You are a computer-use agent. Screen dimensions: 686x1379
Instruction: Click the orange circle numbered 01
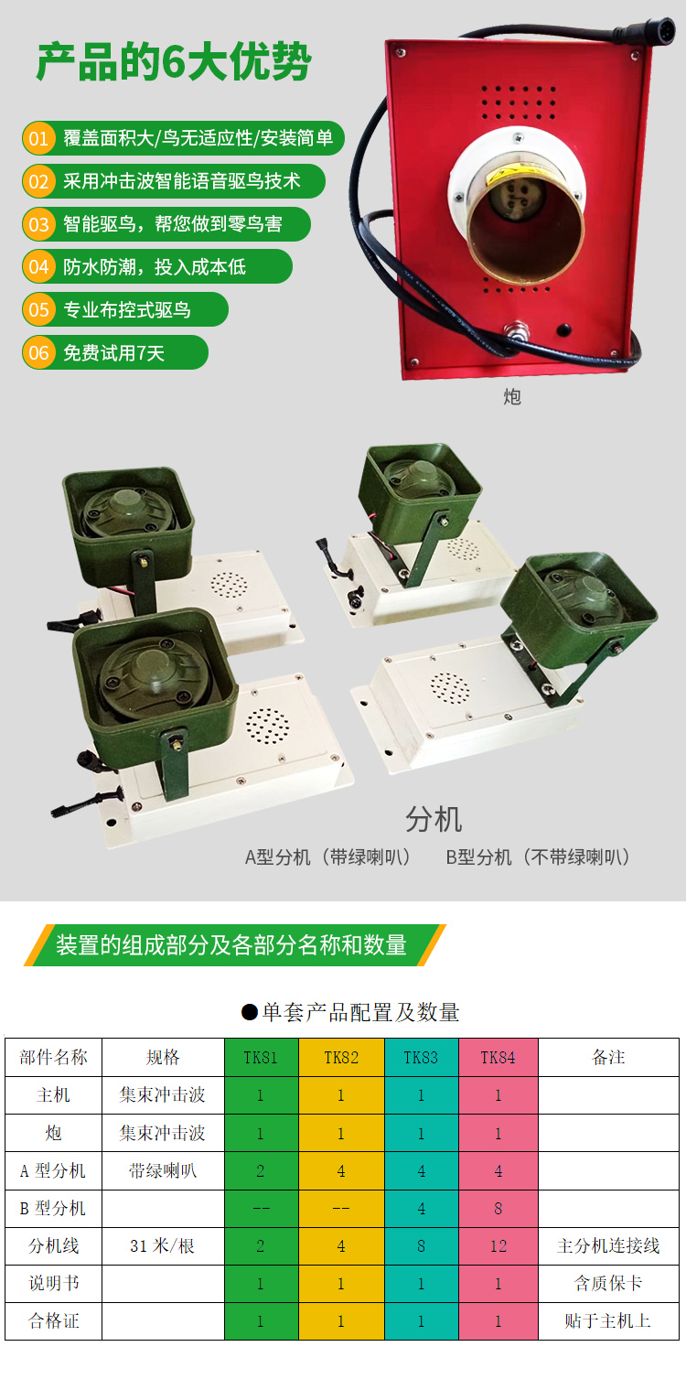click(38, 138)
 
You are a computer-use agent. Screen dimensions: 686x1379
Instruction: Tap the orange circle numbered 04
click(38, 267)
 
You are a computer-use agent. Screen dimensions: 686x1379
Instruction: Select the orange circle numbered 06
click(38, 352)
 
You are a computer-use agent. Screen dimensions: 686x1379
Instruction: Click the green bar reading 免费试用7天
click(115, 352)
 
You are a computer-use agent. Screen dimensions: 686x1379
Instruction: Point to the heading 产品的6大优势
click(174, 62)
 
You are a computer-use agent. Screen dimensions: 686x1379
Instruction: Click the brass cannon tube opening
click(525, 229)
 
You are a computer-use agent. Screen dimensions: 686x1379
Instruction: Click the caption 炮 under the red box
click(512, 397)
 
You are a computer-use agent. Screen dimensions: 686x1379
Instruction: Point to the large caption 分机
click(434, 819)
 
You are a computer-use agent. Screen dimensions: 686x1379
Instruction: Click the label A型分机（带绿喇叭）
click(327, 856)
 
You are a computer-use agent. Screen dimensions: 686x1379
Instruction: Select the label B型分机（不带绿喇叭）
click(538, 856)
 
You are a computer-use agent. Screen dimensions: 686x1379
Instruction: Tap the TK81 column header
click(261, 1058)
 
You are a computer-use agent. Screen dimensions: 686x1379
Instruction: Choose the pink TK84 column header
click(498, 1058)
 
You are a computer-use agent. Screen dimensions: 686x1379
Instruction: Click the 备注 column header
click(608, 1058)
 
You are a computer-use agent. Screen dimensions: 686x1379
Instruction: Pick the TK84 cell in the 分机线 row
click(498, 1246)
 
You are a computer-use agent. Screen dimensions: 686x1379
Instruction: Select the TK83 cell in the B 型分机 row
click(422, 1209)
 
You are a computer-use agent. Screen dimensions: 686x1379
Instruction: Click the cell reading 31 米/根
click(163, 1246)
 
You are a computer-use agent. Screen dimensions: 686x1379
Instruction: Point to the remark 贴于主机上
click(608, 1320)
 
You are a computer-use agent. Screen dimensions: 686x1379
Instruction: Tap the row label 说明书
click(54, 1283)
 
